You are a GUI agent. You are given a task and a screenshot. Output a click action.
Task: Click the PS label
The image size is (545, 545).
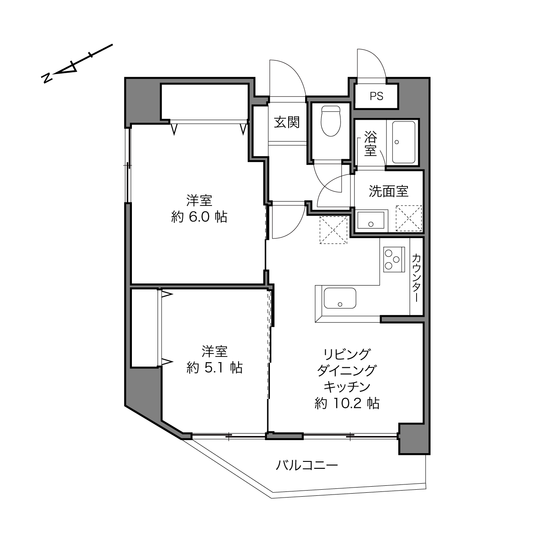point(377,97)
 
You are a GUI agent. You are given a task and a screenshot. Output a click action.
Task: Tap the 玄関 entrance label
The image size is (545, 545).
point(287,122)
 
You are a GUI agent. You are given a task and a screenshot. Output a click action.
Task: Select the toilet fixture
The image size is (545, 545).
point(330,121)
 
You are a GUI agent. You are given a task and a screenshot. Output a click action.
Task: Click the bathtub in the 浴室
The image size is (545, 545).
point(404,142)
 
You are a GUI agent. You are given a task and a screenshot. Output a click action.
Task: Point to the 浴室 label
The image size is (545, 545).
point(370,144)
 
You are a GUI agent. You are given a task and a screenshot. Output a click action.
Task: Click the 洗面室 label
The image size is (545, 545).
point(389,192)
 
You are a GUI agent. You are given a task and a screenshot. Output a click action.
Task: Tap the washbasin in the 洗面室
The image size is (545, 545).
point(371,220)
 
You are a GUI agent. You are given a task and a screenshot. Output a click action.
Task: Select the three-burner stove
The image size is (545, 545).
point(394,259)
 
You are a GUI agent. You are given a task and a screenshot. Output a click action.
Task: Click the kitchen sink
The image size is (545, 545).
point(340,298)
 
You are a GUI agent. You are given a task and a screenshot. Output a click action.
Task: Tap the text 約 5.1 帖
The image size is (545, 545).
point(214,368)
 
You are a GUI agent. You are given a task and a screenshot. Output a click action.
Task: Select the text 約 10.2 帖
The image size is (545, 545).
point(347,403)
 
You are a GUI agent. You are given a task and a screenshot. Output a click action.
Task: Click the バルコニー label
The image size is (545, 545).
point(307,465)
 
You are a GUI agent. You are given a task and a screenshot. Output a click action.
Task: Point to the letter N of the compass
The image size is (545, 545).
point(47,78)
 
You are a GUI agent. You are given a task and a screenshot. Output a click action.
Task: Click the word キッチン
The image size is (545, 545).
point(347,387)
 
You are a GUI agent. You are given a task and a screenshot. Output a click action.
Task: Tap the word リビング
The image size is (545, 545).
point(347,354)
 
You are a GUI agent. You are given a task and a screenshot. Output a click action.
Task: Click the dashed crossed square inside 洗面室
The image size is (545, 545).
point(409,218)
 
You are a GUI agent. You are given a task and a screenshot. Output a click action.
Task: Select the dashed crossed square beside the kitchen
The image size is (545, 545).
point(333,230)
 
